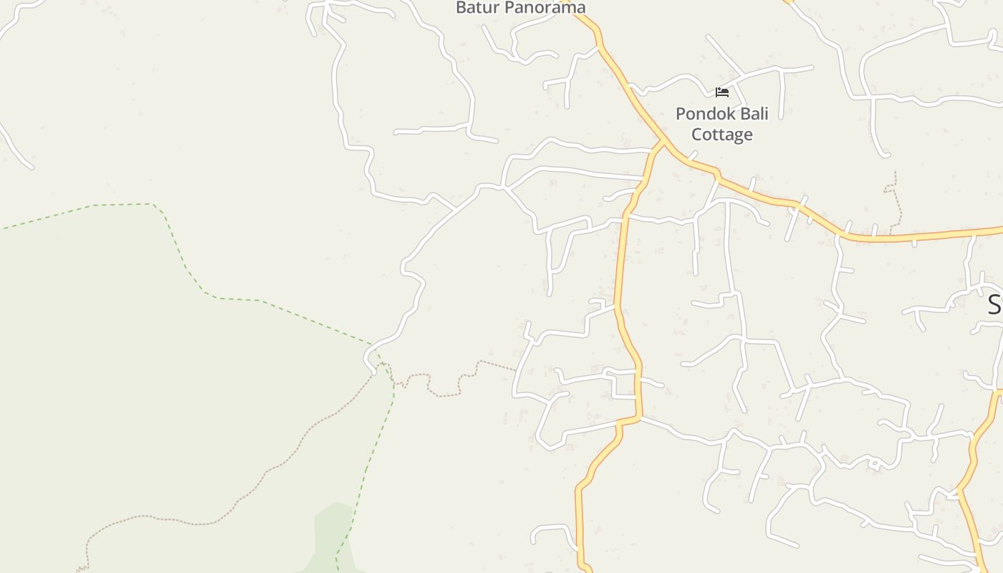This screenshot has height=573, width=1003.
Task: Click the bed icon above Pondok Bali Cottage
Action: point(721,92)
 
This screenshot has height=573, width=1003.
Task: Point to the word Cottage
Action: point(721,135)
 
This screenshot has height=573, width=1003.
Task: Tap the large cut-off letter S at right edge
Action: point(994,304)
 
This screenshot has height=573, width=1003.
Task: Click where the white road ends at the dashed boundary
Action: point(373,370)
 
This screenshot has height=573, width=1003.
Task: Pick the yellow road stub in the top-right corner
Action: point(789,2)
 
